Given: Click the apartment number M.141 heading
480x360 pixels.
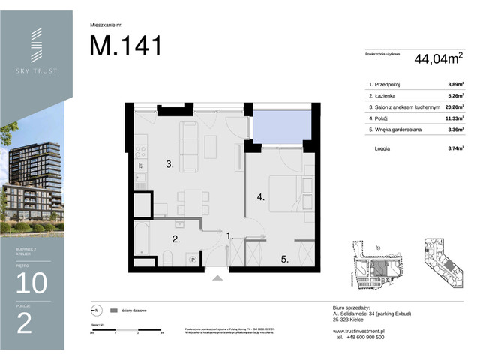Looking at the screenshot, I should coord(125,46).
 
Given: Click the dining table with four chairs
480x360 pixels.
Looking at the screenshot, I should coord(189,201).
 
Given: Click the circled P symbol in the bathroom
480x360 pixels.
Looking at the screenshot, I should coord(193,259).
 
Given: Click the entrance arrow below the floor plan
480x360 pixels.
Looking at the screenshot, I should coord(217,277).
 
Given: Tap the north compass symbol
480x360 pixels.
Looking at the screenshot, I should coord(95,309).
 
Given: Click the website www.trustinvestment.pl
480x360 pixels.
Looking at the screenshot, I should coord(358,329).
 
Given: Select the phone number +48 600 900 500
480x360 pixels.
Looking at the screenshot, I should coord(363,337).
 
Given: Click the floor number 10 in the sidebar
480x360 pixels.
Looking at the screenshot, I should coord(30,283).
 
